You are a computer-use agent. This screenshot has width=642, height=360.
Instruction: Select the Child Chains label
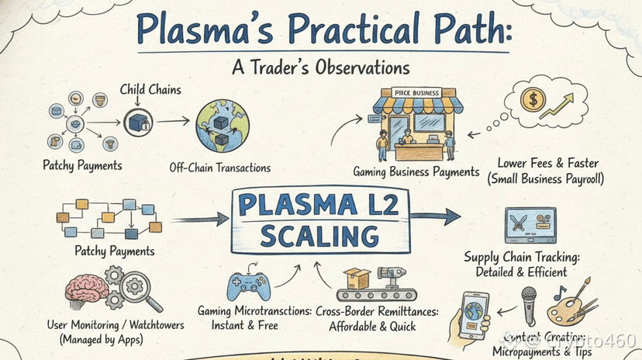coord(150,90)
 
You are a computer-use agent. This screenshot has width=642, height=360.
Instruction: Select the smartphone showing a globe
coord(474,313)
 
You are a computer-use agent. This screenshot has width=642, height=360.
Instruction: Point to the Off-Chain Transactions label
coord(219,168)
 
